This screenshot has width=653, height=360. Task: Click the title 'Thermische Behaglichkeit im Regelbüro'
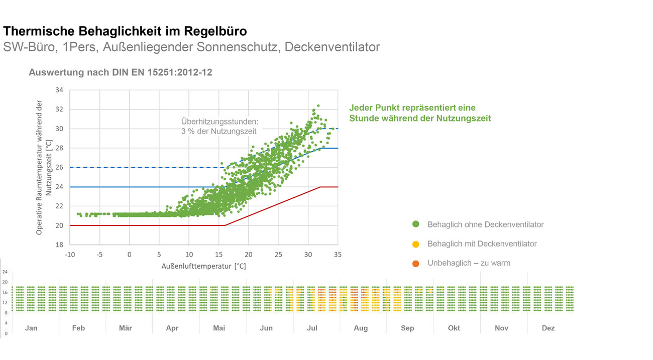point(125,31)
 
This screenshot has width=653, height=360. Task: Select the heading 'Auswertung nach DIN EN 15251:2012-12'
point(120,72)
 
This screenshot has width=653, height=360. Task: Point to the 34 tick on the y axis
point(59,90)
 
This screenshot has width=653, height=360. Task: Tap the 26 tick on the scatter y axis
point(59,168)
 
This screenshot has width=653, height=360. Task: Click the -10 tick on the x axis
point(70,255)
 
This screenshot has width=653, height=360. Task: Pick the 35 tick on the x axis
point(338,255)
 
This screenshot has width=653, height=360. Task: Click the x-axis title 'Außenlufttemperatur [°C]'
point(204,266)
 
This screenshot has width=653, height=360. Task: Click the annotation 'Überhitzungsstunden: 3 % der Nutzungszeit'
point(219,127)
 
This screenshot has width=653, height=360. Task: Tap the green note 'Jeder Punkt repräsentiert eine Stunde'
point(420,113)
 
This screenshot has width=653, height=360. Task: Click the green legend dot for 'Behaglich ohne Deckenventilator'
point(415,224)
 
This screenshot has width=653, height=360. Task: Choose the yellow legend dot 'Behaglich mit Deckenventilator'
point(415,244)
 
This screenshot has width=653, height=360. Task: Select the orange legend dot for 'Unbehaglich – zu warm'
point(415,263)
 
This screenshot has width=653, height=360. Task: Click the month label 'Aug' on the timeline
point(361,328)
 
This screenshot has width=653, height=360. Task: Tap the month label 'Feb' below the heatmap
point(78,328)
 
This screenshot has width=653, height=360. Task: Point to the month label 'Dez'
point(548,328)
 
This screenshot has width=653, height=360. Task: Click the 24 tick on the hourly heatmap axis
point(5,272)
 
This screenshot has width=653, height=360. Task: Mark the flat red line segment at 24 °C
point(329,187)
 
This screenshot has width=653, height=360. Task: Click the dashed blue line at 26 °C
point(151,167)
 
